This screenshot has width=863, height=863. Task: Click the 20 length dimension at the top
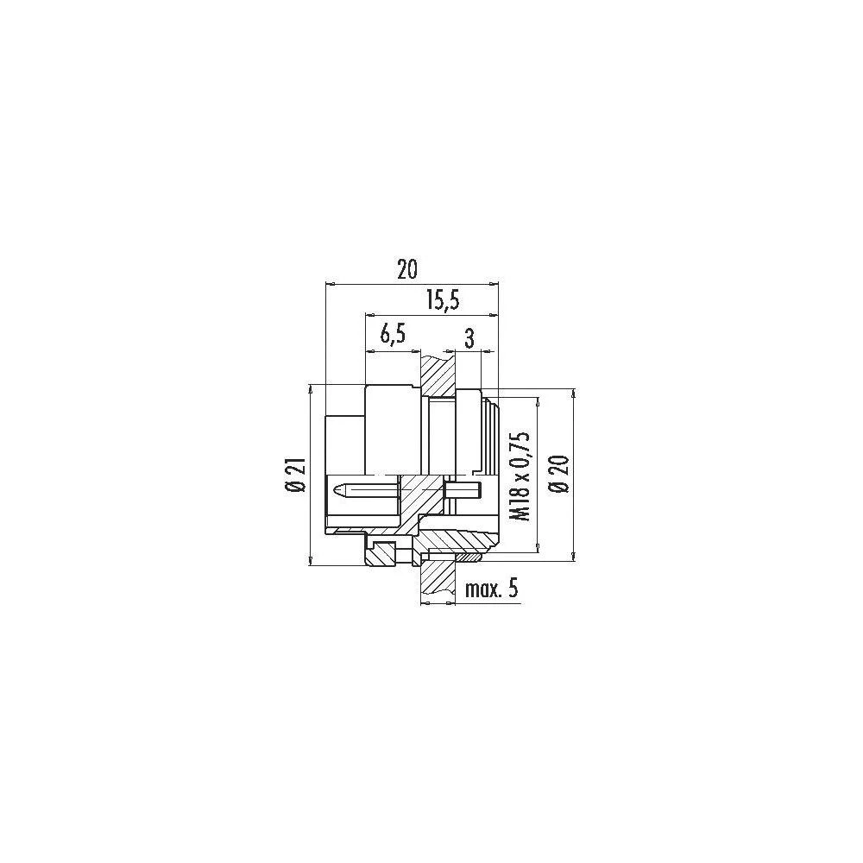pos(408,269)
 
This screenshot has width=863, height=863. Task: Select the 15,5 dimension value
pos(443,301)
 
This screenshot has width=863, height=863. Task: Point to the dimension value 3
pos(469,338)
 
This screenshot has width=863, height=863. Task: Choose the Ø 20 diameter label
pos(560,473)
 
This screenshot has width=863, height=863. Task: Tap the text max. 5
pos(492,589)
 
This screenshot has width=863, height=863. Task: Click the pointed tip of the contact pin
pos(333,488)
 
